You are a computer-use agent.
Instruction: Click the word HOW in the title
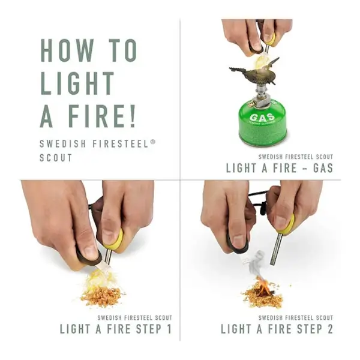tap(67, 50)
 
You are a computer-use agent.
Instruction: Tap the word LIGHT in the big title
tap(77, 83)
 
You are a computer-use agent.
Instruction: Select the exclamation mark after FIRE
tap(132, 116)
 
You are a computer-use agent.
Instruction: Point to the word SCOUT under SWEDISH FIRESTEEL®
tap(56, 158)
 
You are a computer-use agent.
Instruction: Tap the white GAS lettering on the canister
tap(262, 118)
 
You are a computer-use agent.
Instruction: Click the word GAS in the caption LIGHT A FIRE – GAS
tap(323, 168)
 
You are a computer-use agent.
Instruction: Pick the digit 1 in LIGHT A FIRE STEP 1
tap(169, 329)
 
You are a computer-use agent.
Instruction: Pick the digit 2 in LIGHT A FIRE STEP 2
tap(330, 329)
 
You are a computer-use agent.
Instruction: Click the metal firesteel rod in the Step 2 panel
tap(276, 252)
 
